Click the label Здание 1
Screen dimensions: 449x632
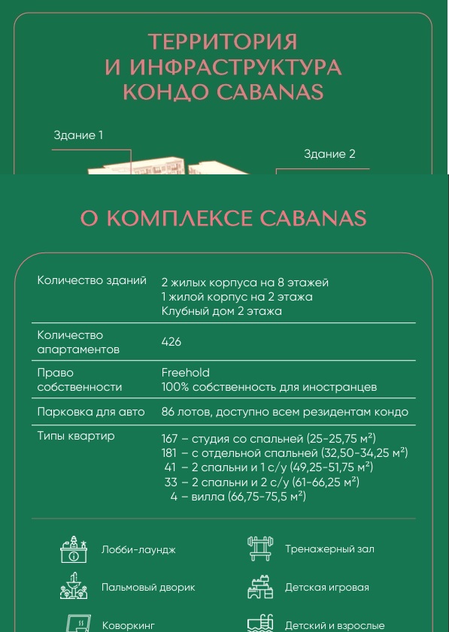[78, 135]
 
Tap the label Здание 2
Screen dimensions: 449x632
[329, 154]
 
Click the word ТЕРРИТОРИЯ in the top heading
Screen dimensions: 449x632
[223, 41]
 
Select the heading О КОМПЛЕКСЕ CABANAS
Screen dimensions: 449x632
[223, 218]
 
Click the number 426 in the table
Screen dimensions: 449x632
[171, 342]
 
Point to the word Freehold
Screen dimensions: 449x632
[186, 373]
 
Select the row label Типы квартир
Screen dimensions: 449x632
[76, 437]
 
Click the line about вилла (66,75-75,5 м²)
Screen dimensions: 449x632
[238, 496]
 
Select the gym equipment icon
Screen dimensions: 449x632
[260, 549]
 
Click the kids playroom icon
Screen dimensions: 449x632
[260, 587]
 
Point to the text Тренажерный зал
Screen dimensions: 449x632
[329, 549]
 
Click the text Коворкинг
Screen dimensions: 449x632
[128, 625]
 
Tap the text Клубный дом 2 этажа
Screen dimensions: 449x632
[222, 311]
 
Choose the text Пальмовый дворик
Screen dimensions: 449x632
[148, 587]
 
